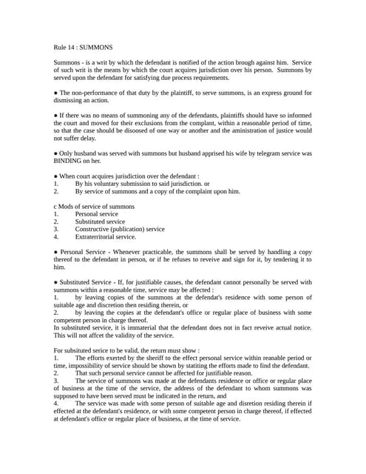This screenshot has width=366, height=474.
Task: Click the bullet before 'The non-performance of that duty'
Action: [x=56, y=93]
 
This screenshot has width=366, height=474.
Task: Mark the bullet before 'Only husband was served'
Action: [x=56, y=153]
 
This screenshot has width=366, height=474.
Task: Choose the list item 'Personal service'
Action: [x=96, y=214]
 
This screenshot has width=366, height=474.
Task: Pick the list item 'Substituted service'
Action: [x=100, y=221]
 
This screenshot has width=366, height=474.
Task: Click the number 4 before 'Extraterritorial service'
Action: [x=56, y=237]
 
